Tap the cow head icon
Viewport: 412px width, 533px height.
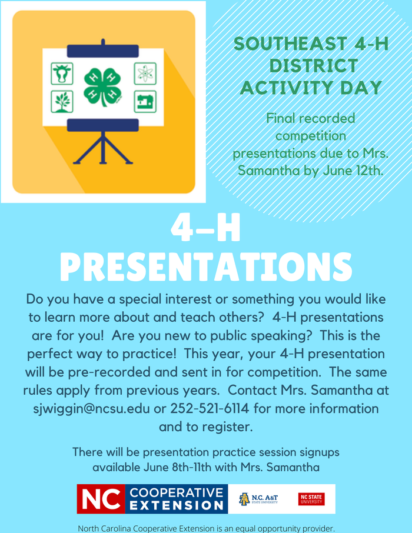[x=61, y=74]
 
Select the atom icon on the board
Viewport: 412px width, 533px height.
[x=145, y=74]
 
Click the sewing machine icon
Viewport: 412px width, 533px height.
[x=145, y=101]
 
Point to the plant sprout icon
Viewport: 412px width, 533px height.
[x=61, y=101]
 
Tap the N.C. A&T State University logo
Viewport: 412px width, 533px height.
[x=259, y=499]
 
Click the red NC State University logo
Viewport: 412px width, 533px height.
[x=311, y=499]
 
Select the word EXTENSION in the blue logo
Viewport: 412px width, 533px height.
[x=177, y=505]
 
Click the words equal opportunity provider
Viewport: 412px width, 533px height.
[x=288, y=528]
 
